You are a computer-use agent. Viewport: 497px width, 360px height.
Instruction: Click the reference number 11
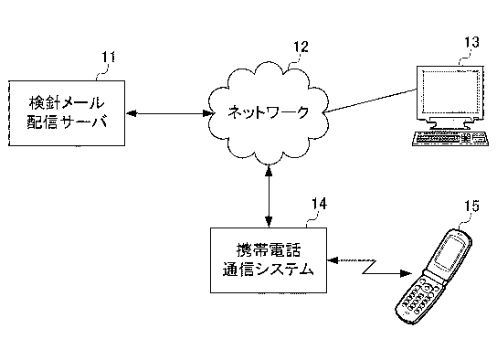[108, 58]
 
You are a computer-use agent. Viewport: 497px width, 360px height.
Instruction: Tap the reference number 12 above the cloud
[301, 47]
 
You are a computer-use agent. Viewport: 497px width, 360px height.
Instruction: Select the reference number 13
[472, 42]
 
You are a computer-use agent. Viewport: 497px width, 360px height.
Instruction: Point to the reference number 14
[320, 204]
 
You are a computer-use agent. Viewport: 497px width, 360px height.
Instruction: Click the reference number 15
[472, 206]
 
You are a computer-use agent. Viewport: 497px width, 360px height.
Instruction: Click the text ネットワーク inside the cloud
[269, 112]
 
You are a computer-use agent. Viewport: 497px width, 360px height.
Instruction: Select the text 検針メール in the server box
[67, 102]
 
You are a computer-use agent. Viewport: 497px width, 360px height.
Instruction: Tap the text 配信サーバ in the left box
[67, 122]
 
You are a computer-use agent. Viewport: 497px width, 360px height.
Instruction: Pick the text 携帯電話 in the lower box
[269, 249]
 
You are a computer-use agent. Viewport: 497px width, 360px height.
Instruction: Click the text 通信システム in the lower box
[269, 270]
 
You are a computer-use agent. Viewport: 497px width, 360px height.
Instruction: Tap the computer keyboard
[449, 139]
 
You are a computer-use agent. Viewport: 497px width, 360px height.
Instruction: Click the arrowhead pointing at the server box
[131, 113]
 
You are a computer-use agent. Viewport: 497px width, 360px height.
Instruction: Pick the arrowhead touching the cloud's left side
[207, 113]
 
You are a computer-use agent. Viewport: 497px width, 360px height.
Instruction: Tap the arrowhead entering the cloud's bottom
[270, 171]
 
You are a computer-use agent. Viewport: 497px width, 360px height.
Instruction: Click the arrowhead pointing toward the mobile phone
[406, 273]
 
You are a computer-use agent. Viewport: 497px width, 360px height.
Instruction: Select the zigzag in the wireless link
[369, 267]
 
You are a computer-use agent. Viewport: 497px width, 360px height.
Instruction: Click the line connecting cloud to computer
[371, 101]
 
